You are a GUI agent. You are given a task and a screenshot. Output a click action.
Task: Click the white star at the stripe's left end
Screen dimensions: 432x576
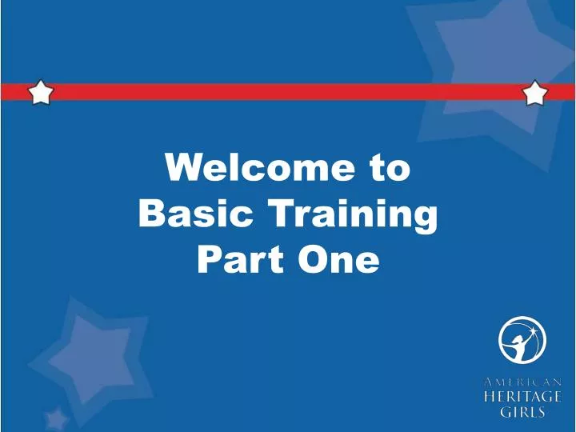click(x=41, y=92)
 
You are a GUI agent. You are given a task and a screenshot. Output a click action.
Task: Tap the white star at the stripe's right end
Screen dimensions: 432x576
click(x=534, y=93)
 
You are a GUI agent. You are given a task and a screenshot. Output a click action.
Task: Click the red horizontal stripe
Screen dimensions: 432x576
click(x=288, y=92)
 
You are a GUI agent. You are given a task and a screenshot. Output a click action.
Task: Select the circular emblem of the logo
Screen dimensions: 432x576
click(x=522, y=340)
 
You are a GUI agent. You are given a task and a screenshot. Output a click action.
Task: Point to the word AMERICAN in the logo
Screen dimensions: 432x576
click(x=522, y=382)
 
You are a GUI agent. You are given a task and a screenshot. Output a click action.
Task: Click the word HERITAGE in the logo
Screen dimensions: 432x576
click(x=522, y=398)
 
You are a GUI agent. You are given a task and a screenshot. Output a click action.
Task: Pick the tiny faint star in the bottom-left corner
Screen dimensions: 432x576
click(x=56, y=418)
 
